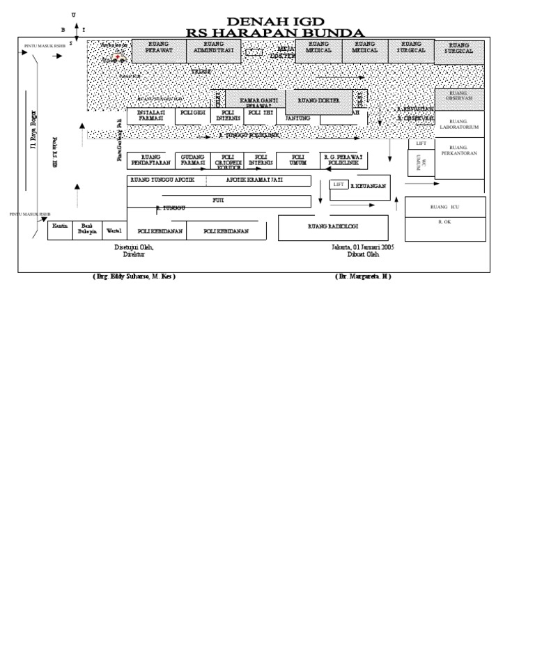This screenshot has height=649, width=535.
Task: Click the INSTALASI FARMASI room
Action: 151,116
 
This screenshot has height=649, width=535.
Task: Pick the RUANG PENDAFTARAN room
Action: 150,161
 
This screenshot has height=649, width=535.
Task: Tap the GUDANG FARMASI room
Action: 193,161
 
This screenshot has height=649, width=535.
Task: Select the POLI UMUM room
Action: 298,161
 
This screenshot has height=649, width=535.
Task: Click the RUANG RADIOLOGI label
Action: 333,227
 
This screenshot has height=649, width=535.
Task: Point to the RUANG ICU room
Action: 444,208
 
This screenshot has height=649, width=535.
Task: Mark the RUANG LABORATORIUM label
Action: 459,124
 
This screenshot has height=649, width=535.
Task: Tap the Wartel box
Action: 114,230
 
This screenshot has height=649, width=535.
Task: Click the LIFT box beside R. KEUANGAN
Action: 339,185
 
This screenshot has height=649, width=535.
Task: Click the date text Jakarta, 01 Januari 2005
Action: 363,247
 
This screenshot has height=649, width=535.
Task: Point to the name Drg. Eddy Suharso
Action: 134,276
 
